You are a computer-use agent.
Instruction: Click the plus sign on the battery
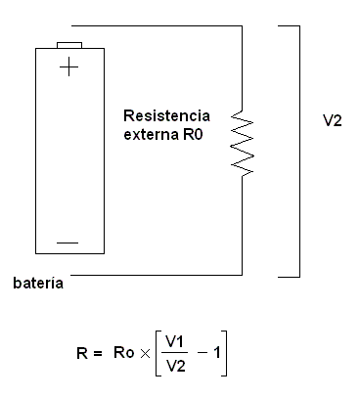[68, 67]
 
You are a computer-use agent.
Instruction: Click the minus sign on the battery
[67, 241]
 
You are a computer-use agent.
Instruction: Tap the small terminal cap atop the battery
[69, 44]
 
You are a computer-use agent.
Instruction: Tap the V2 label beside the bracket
[333, 124]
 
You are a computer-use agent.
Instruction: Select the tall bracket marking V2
[296, 152]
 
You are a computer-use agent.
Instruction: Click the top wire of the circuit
[157, 26]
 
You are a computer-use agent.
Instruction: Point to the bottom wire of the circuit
[157, 277]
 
